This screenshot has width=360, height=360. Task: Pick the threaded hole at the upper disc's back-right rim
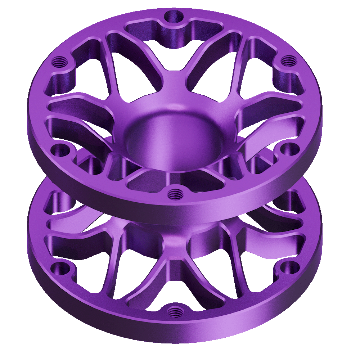coord(287,61)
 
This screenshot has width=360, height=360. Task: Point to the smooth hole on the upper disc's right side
coord(290,148)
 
